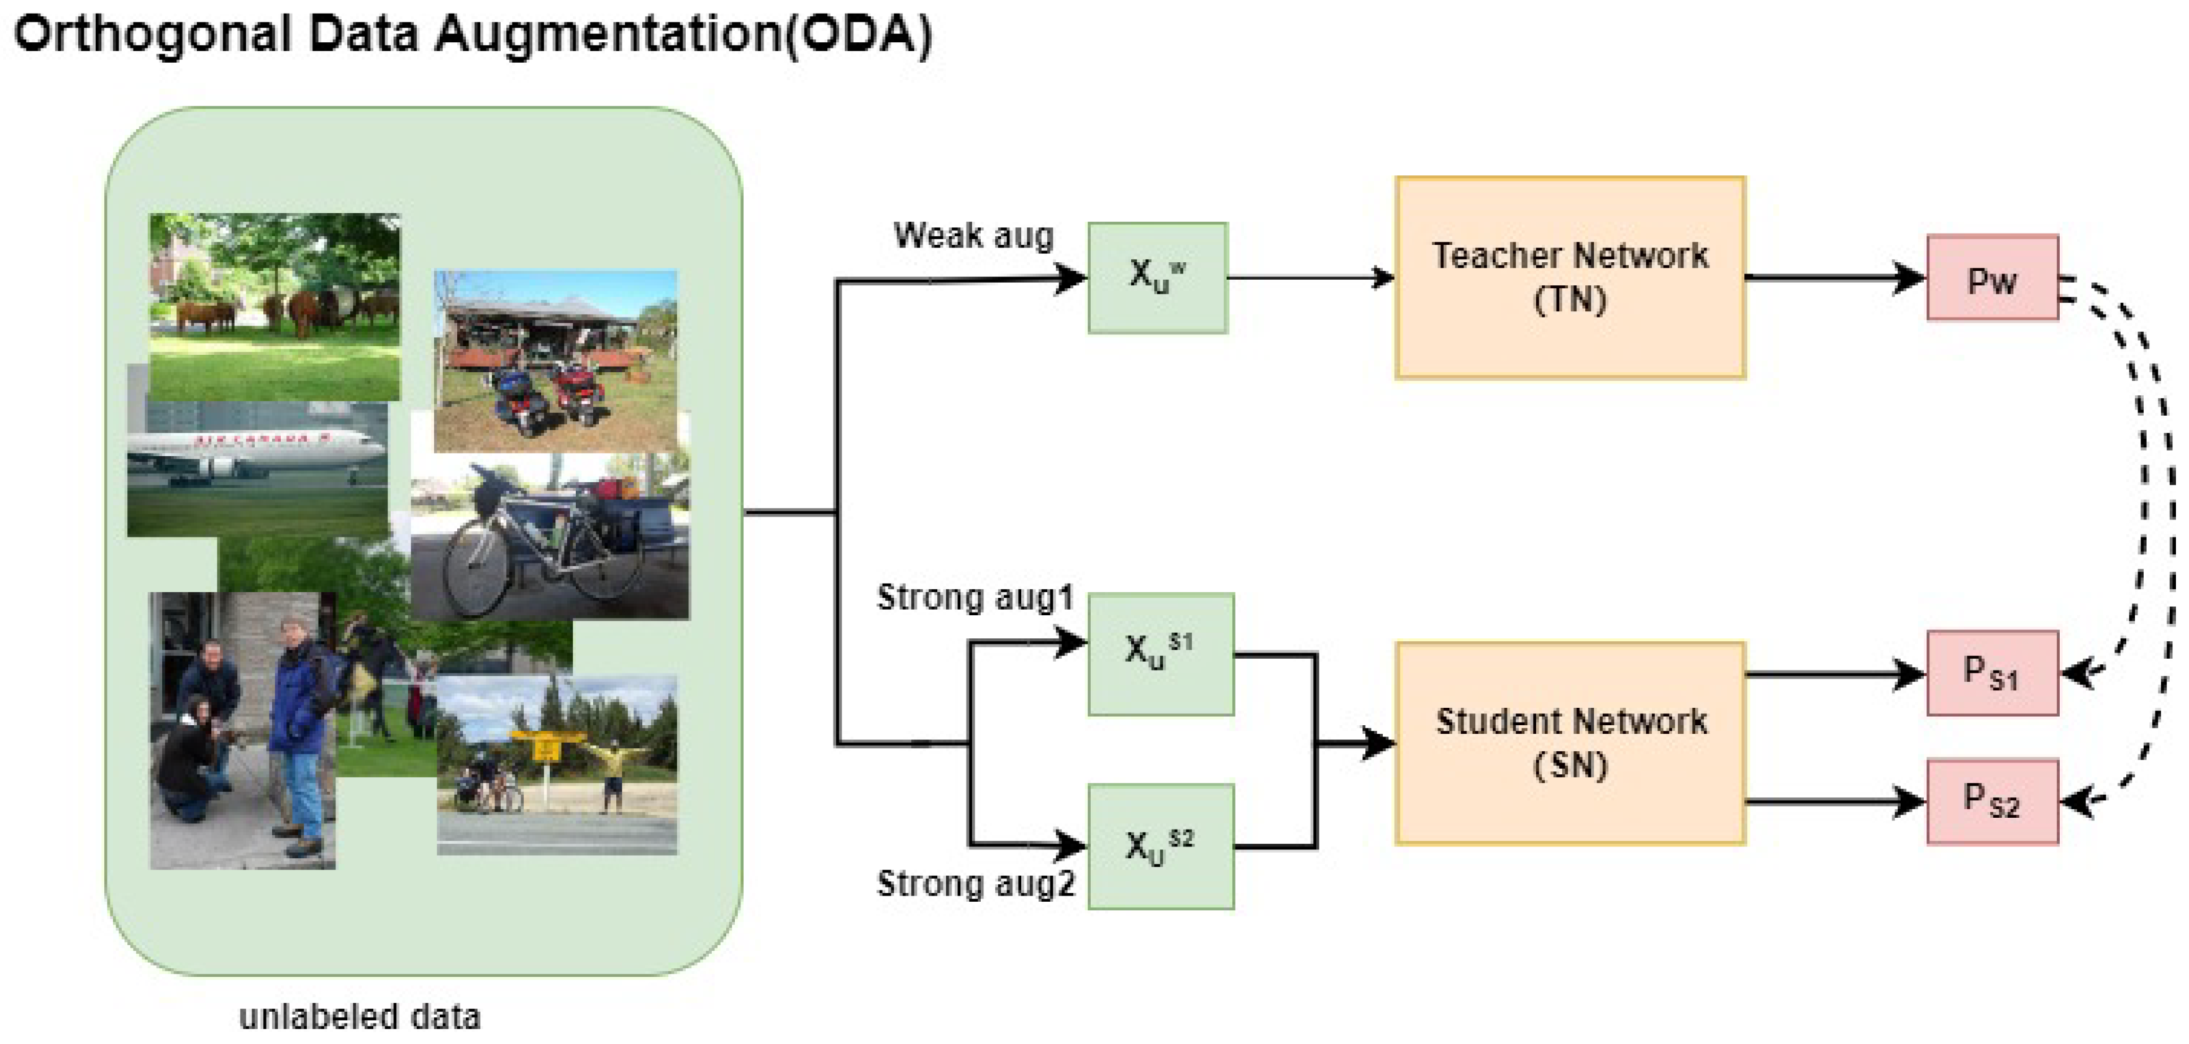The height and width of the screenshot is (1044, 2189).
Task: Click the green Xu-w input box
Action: click(1157, 278)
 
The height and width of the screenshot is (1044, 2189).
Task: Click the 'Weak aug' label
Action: click(973, 236)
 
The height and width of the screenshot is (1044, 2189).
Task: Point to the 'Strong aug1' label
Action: click(975, 598)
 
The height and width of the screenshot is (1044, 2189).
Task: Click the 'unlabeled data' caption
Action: click(360, 1017)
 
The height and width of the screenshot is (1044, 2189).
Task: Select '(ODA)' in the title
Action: click(858, 34)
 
